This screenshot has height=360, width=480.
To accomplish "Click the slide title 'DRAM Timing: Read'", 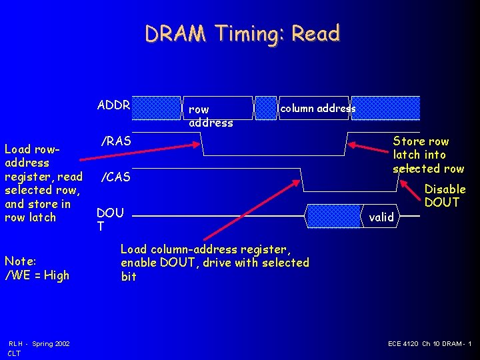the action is [243, 33].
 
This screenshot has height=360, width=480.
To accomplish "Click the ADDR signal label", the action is [114, 105].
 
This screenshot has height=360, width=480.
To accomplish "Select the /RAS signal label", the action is [115, 141].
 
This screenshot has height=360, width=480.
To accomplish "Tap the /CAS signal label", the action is [115, 177].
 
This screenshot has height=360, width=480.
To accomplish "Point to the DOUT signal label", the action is [110, 219].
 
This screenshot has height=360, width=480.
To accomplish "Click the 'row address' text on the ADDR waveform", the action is [211, 115].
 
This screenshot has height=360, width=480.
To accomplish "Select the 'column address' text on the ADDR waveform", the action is [317, 108].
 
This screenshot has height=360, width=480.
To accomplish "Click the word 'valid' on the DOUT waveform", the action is [381, 217].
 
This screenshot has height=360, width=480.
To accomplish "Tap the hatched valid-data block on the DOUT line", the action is [333, 215].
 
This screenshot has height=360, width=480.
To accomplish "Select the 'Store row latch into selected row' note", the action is [428, 155].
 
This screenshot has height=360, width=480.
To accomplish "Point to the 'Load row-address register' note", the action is [43, 183].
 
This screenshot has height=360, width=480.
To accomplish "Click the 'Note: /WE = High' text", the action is [37, 268].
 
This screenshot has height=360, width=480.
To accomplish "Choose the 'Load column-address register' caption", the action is [214, 263].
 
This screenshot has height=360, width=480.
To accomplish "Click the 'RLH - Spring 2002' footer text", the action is [39, 343].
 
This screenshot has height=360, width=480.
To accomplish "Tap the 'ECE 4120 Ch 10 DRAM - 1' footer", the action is [429, 343].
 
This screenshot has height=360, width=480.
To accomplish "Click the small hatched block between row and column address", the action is [266, 107].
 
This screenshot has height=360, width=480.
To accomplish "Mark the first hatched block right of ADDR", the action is [157, 107].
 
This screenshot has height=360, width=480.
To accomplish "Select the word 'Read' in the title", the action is [320, 33].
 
